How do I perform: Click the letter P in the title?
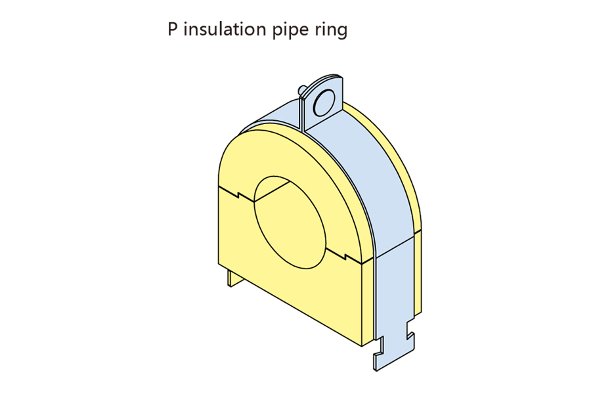tap(173, 30)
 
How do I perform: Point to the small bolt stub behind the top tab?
tap(301, 88)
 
